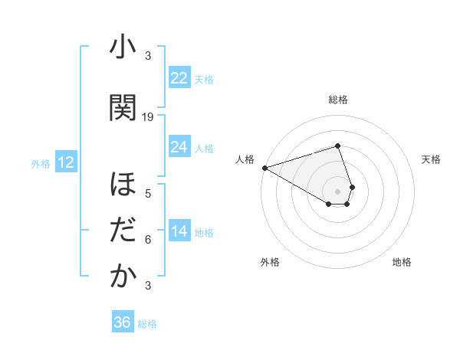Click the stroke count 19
(x=148, y=117)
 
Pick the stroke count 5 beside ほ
(x=148, y=194)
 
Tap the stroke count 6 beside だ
(x=148, y=240)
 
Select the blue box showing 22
(x=179, y=78)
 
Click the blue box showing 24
(x=179, y=147)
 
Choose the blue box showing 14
(x=179, y=231)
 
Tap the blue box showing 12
(x=65, y=162)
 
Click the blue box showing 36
(x=122, y=322)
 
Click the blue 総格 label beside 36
(x=147, y=324)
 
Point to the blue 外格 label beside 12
(x=41, y=163)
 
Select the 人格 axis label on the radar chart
(x=245, y=159)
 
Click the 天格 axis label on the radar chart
(x=432, y=159)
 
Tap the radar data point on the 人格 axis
(x=264, y=167)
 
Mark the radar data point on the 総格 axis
(x=337, y=146)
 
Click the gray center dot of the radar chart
(x=337, y=191)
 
